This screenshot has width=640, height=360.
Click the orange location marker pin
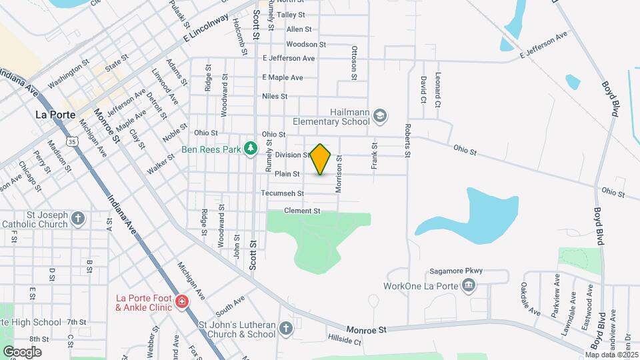coord(321,159)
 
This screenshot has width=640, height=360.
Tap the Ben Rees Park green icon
coord(251,147)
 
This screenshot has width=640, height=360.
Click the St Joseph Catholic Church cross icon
coord(78,218)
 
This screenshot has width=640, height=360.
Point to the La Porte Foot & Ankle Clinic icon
coord(181,303)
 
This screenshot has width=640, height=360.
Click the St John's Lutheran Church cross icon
coord(286,329)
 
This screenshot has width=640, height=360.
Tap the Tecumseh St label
coord(282,193)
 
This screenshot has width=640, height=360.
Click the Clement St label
coord(303,211)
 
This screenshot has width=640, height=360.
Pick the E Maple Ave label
coord(282,77)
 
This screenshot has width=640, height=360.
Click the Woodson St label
coord(306,45)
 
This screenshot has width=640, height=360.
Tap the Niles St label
coord(275,96)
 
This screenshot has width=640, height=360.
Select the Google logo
coord(22,351)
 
